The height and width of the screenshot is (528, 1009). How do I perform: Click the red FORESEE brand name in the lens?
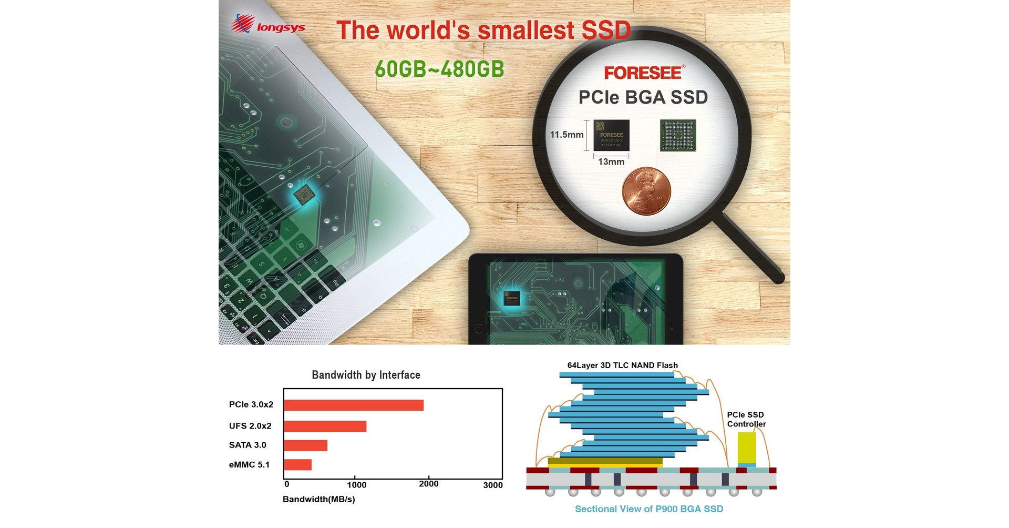pyautogui.click(x=643, y=73)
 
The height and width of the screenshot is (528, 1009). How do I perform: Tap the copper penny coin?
pyautogui.click(x=646, y=192)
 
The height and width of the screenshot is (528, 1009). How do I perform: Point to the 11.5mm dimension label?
pyautogui.click(x=567, y=135)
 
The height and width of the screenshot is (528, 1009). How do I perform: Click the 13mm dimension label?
pyautogui.click(x=611, y=162)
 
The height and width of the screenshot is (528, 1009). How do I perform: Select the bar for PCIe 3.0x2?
pyautogui.click(x=354, y=405)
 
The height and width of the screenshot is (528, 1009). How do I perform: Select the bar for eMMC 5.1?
pyautogui.click(x=297, y=465)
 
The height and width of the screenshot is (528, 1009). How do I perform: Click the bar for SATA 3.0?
pyautogui.click(x=305, y=445)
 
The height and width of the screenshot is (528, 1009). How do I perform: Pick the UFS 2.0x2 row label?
pyautogui.click(x=250, y=426)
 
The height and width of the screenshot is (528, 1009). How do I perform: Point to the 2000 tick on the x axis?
pyautogui.click(x=428, y=484)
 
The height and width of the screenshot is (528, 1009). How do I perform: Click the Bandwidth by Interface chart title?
pyautogui.click(x=366, y=375)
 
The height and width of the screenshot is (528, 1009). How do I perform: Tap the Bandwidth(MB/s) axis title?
pyautogui.click(x=318, y=499)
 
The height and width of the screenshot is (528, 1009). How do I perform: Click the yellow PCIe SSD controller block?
pyautogui.click(x=746, y=448)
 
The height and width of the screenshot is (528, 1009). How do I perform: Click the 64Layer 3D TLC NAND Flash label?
pyautogui.click(x=622, y=365)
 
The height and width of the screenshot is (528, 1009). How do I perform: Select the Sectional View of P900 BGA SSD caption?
pyautogui.click(x=648, y=509)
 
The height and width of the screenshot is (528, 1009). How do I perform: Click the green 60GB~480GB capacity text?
pyautogui.click(x=439, y=69)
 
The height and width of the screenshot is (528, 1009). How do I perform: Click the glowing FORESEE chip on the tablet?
pyautogui.click(x=511, y=298)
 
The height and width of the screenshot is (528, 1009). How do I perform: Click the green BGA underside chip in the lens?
pyautogui.click(x=677, y=136)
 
